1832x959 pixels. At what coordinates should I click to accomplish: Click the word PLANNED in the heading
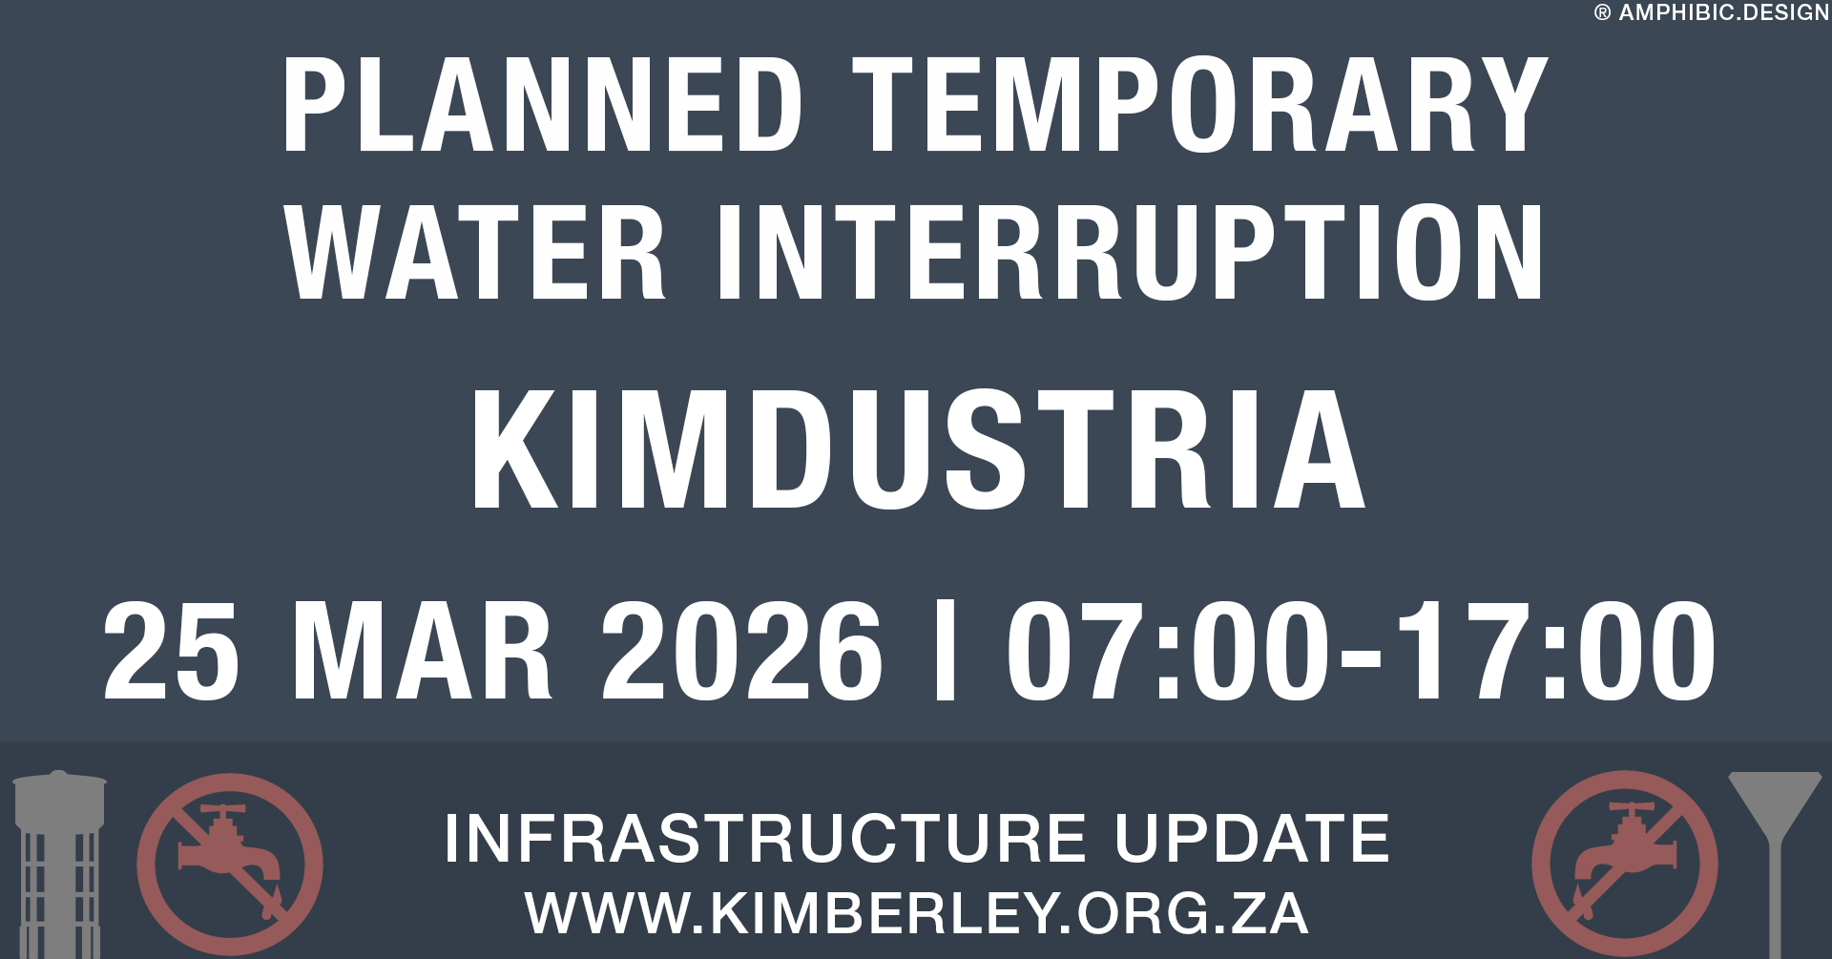pyautogui.click(x=542, y=105)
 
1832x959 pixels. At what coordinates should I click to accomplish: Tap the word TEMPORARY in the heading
pyautogui.click(x=1199, y=105)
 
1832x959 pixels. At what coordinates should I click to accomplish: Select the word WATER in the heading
pyautogui.click(x=475, y=253)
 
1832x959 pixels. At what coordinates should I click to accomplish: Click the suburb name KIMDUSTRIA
pyautogui.click(x=918, y=450)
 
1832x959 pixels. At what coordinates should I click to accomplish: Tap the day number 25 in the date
pyautogui.click(x=172, y=652)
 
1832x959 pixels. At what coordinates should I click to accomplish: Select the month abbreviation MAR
pyautogui.click(x=422, y=652)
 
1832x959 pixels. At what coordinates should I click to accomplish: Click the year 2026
pyautogui.click(x=741, y=652)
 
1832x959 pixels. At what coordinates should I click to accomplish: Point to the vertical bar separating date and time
pyautogui.click(x=946, y=652)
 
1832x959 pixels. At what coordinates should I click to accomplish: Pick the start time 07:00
pyautogui.click(x=1167, y=652)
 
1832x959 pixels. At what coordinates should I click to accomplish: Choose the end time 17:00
pyautogui.click(x=1555, y=652)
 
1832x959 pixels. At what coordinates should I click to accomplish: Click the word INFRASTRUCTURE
pyautogui.click(x=765, y=839)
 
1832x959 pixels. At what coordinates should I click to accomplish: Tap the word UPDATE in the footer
pyautogui.click(x=1252, y=839)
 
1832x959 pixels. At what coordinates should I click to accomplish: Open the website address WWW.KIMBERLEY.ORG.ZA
pyautogui.click(x=916, y=913)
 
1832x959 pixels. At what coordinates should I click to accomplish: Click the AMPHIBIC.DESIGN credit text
pyautogui.click(x=1723, y=13)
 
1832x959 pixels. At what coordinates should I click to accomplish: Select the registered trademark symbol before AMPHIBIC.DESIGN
pyautogui.click(x=1603, y=13)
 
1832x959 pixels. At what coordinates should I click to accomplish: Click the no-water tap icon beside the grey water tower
pyautogui.click(x=230, y=864)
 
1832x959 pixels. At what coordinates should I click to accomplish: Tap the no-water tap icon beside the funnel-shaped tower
pyautogui.click(x=1625, y=864)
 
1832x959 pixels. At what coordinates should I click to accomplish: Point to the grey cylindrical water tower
pyautogui.click(x=59, y=864)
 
